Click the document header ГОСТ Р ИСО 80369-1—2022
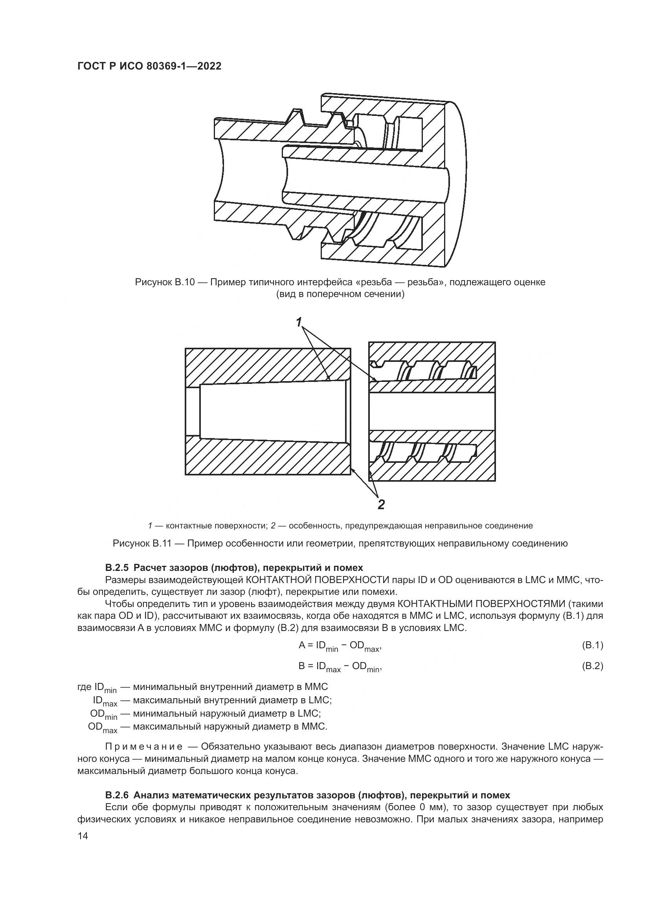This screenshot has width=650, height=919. coord(149,66)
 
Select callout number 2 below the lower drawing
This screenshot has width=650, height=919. coord(381,504)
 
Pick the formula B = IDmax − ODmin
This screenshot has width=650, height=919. coord(340,667)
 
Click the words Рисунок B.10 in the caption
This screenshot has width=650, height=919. coord(165,282)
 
